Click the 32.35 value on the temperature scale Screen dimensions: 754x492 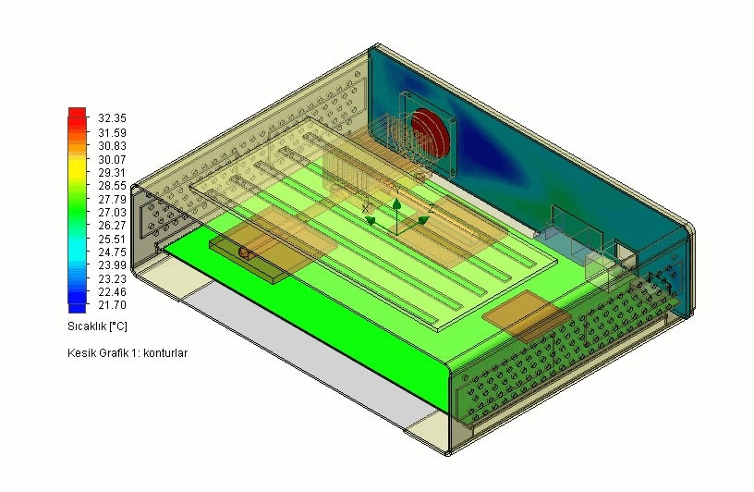coord(112,118)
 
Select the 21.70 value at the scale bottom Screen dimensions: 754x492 coord(112,305)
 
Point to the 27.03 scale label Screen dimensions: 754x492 coord(112,213)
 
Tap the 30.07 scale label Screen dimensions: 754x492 coord(112,159)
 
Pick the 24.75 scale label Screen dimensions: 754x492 coord(112,252)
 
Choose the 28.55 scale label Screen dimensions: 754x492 coord(112,186)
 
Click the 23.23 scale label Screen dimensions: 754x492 coord(112,278)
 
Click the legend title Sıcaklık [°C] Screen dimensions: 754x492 coord(97,326)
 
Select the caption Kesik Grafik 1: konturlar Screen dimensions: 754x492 coord(128,353)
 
